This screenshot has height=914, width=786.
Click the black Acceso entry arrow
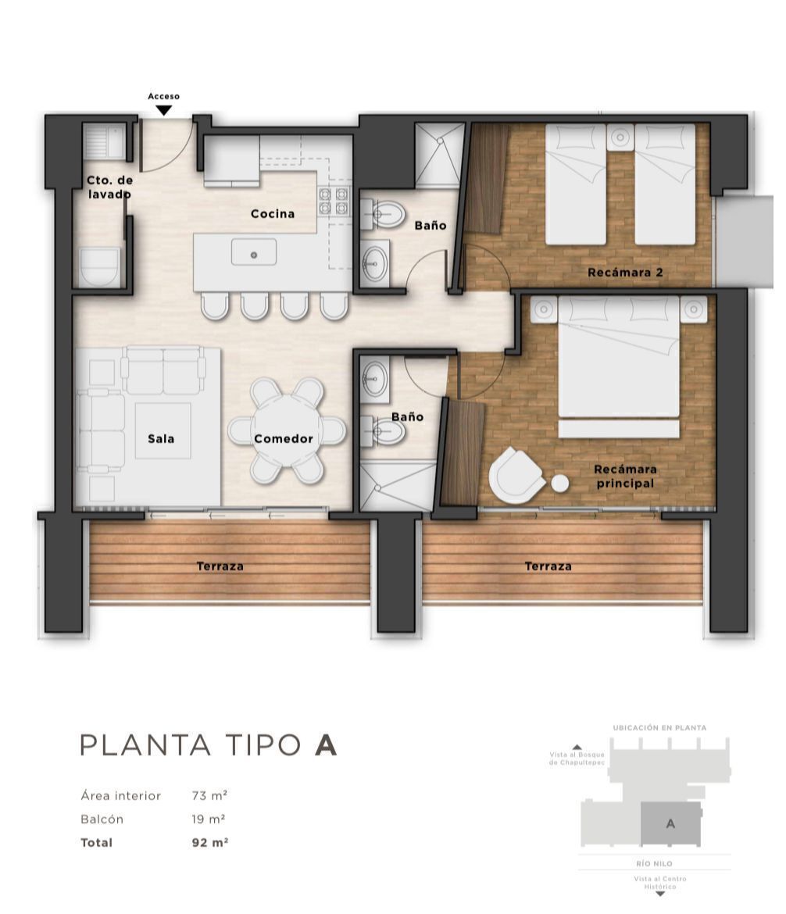point(164,110)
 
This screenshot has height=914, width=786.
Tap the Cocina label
point(273,214)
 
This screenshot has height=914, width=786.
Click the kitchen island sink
point(254,252)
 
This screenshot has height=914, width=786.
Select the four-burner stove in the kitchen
point(334,201)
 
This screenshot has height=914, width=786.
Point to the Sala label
point(161,439)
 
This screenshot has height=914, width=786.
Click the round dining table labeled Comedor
point(287,430)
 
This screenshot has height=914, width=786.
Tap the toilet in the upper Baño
point(384,215)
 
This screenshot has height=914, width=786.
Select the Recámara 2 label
point(625,272)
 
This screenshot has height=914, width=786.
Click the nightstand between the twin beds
point(620,138)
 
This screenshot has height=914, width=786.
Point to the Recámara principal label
point(625,477)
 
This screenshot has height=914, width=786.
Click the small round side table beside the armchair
point(559,484)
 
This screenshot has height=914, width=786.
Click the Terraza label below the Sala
point(220,566)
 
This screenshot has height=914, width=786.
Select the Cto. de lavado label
point(109,187)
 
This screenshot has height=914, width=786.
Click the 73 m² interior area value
point(209,795)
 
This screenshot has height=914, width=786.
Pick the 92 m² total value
point(210,842)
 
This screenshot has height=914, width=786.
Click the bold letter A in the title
point(326,745)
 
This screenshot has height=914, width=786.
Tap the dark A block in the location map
point(670,823)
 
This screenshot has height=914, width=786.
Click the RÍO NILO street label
point(654,863)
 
